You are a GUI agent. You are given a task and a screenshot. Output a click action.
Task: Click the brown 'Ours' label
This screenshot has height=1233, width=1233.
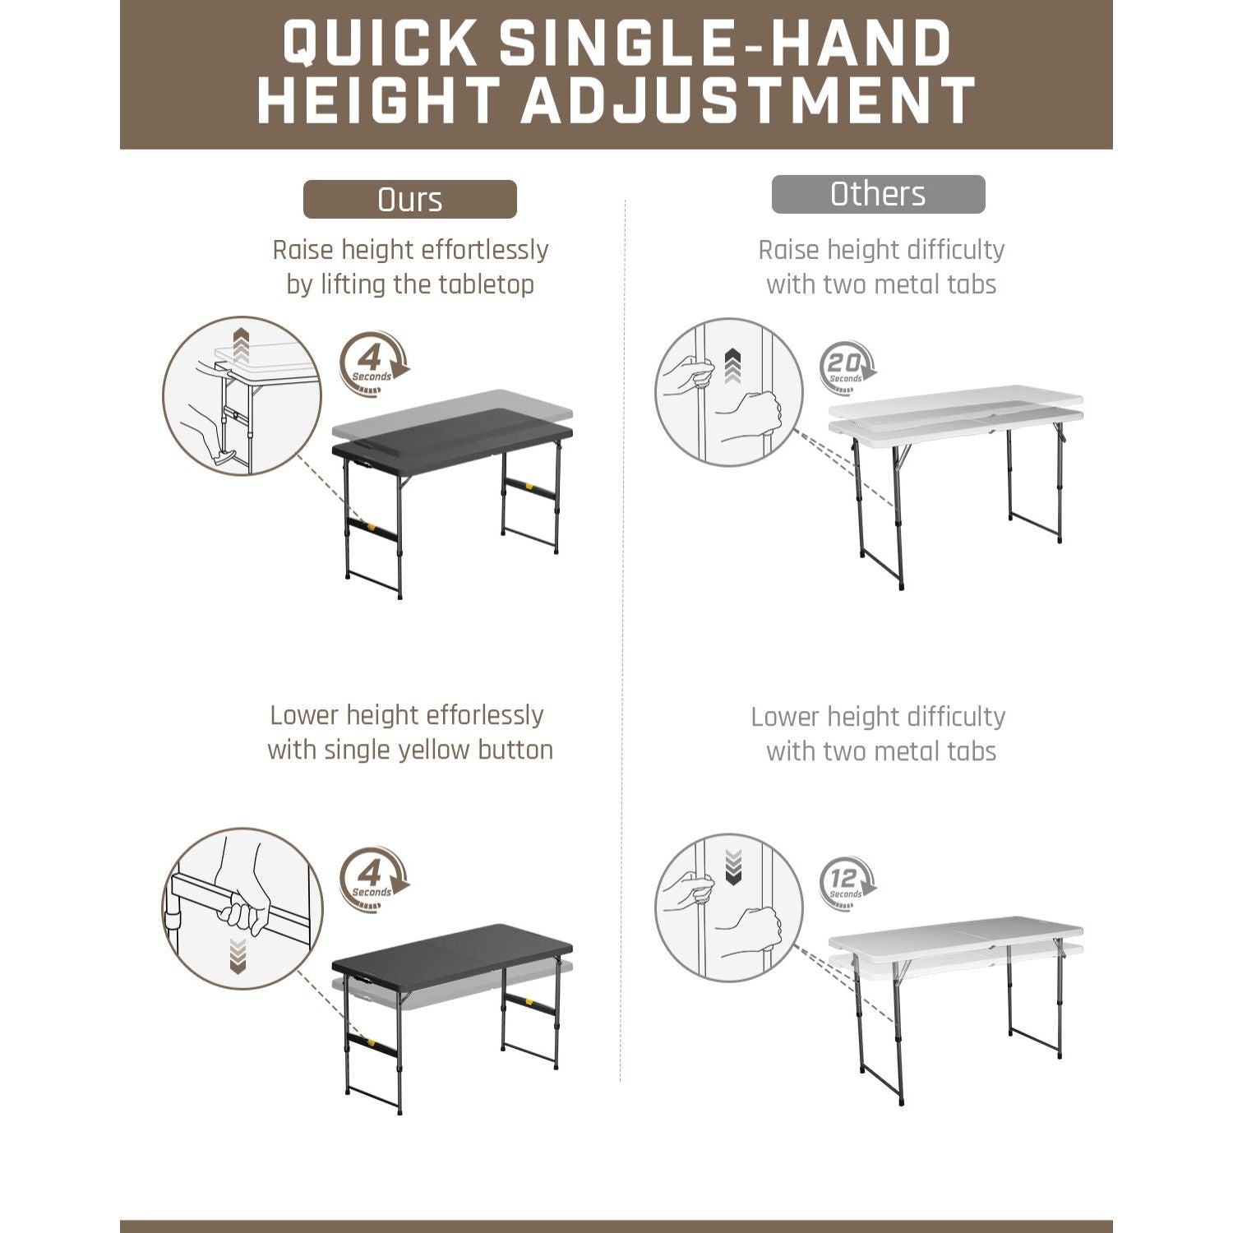click(409, 200)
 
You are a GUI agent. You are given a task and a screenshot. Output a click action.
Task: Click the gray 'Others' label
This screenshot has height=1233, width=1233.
click(878, 195)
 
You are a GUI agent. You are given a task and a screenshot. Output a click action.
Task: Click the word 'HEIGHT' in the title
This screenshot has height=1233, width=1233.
click(379, 101)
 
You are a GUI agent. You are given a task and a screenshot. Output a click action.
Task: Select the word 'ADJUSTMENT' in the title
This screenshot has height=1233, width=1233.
click(748, 101)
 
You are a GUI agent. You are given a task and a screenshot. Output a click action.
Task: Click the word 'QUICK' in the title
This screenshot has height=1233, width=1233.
click(381, 43)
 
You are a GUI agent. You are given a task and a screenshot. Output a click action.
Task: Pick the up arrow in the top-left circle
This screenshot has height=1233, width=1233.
click(241, 346)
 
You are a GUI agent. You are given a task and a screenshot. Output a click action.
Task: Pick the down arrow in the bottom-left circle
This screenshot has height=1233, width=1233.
click(238, 956)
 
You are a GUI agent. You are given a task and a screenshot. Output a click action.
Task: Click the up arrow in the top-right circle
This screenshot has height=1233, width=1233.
click(732, 367)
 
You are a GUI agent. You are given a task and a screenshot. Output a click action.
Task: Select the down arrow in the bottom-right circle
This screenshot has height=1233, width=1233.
click(734, 867)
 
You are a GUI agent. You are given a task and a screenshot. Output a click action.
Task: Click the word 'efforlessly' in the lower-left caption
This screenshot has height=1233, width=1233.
click(484, 715)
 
